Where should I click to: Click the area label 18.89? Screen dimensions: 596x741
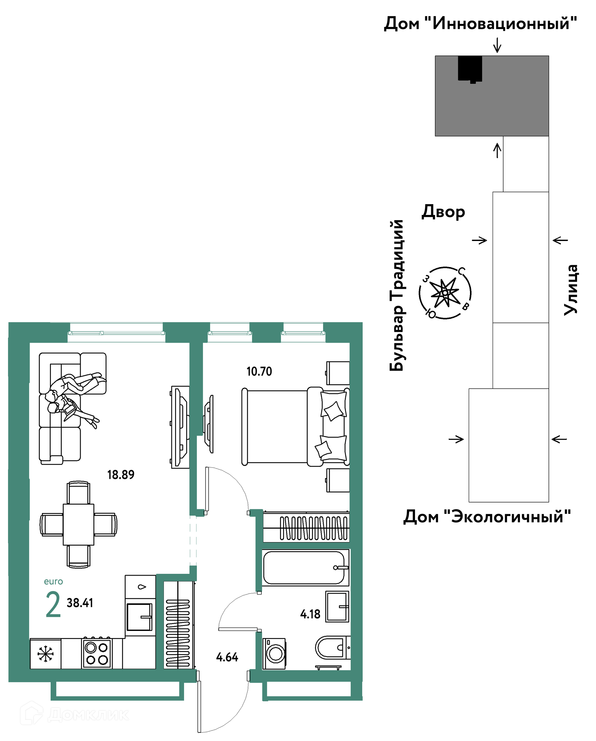coord(121,475)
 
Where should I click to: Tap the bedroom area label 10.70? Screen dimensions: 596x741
coord(259,372)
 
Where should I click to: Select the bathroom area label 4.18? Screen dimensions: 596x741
coord(310,614)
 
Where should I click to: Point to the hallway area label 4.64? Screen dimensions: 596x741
coord(227,658)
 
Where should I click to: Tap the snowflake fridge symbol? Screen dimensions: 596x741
coord(45,654)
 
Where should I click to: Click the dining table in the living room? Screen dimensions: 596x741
coord(79,525)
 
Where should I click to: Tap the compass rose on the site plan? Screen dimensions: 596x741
coord(445,293)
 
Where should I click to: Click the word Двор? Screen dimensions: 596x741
coord(443,212)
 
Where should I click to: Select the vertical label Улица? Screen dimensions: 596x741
coord(571,289)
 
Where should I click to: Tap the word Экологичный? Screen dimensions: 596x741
coord(507,516)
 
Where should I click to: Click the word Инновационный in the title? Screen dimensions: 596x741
coord(501,23)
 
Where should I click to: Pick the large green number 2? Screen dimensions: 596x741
coord(53,605)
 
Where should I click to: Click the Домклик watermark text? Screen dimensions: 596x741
coord(88,715)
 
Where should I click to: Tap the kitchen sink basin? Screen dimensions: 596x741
coord(139,617)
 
